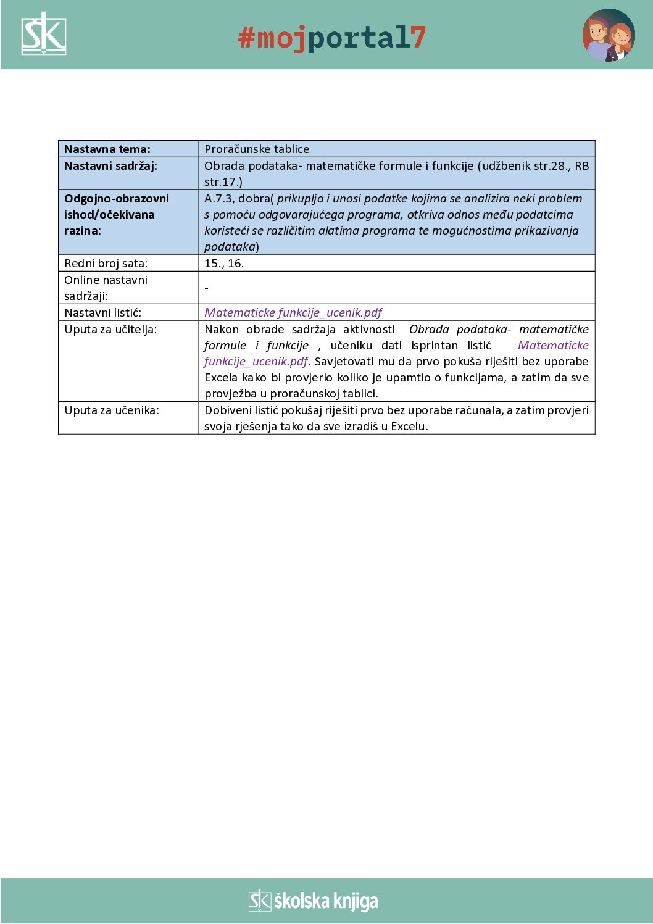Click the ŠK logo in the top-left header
click(x=44, y=35)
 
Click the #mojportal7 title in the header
click(x=332, y=38)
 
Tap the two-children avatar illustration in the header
click(x=608, y=35)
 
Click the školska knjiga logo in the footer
click(x=314, y=901)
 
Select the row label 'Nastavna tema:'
click(x=107, y=149)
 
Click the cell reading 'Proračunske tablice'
click(x=257, y=149)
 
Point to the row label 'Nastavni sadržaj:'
click(x=110, y=166)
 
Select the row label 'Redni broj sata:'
click(x=106, y=264)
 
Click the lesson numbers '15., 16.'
click(x=224, y=264)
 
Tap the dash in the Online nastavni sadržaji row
click(x=207, y=288)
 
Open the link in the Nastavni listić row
click(x=293, y=313)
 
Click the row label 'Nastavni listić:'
click(x=102, y=313)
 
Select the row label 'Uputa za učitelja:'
click(x=110, y=330)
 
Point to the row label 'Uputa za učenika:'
click(x=112, y=410)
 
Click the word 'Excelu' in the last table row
click(x=409, y=427)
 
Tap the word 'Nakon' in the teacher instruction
click(x=221, y=330)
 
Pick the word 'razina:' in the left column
click(x=83, y=231)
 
